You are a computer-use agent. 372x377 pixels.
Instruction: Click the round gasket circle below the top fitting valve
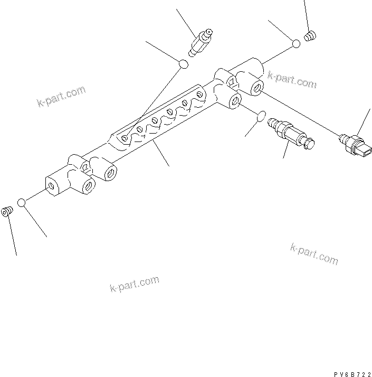183,64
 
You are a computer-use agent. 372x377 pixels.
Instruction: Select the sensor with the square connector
354,145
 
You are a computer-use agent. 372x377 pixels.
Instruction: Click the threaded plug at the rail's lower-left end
7,212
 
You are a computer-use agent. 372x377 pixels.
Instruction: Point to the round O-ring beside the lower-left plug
22,203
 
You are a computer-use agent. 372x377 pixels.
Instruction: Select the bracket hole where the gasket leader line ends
123,138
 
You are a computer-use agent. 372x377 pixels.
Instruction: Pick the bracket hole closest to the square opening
199,94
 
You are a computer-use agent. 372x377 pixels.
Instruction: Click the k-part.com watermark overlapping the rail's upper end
292,79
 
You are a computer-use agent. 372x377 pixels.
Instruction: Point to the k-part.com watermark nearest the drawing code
314,254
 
